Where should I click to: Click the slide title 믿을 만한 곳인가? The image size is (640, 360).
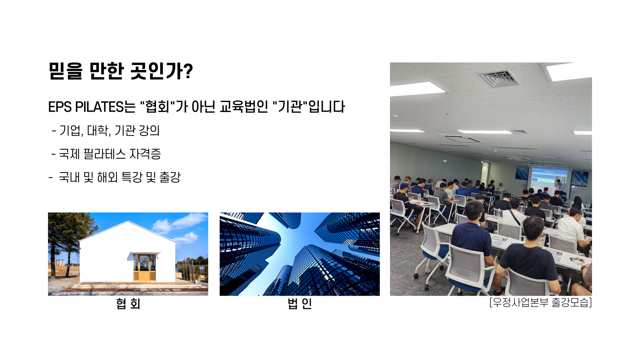(121, 71)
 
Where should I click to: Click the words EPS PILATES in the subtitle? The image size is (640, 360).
(86, 107)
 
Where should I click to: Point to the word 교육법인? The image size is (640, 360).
(244, 107)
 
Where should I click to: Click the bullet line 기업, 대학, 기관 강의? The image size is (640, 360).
(106, 130)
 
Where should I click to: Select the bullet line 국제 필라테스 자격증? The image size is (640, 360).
(106, 154)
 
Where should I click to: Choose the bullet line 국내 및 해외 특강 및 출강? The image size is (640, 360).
(115, 177)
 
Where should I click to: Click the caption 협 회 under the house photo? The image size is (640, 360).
(128, 304)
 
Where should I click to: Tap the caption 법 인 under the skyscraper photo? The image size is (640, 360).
(300, 304)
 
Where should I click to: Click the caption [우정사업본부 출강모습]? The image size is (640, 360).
(541, 302)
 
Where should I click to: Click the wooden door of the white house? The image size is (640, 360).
(144, 267)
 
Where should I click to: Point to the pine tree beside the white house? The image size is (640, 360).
(65, 240)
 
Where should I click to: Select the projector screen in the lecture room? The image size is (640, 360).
(549, 182)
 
